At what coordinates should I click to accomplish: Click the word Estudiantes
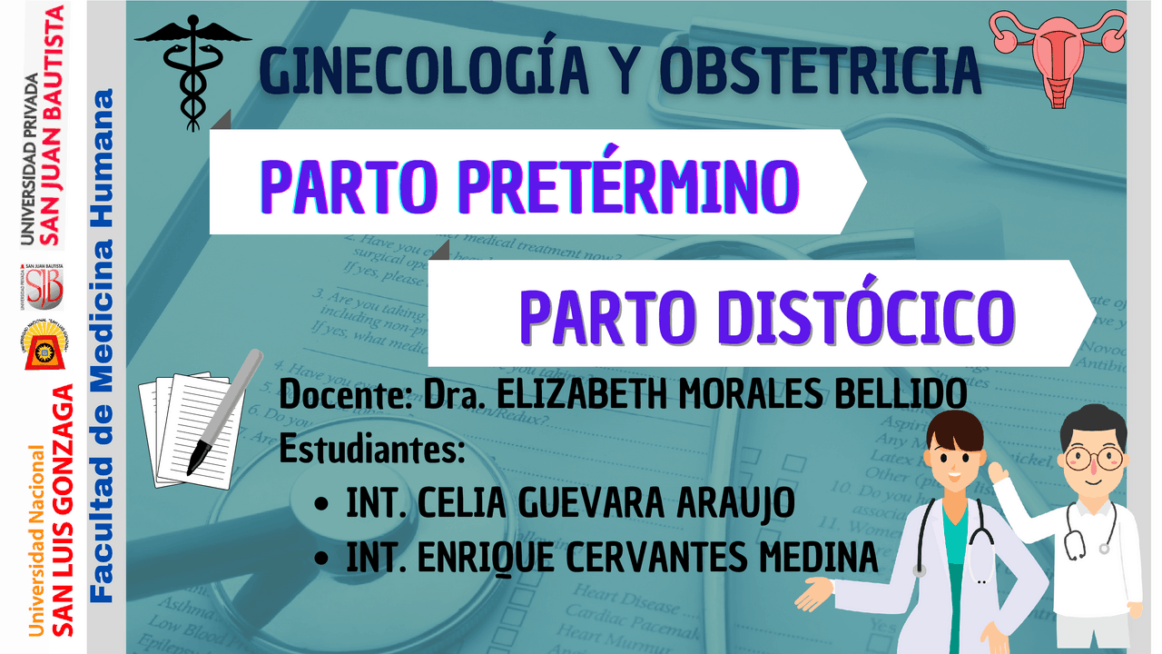372,449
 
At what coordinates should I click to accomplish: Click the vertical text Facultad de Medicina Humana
103,345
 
